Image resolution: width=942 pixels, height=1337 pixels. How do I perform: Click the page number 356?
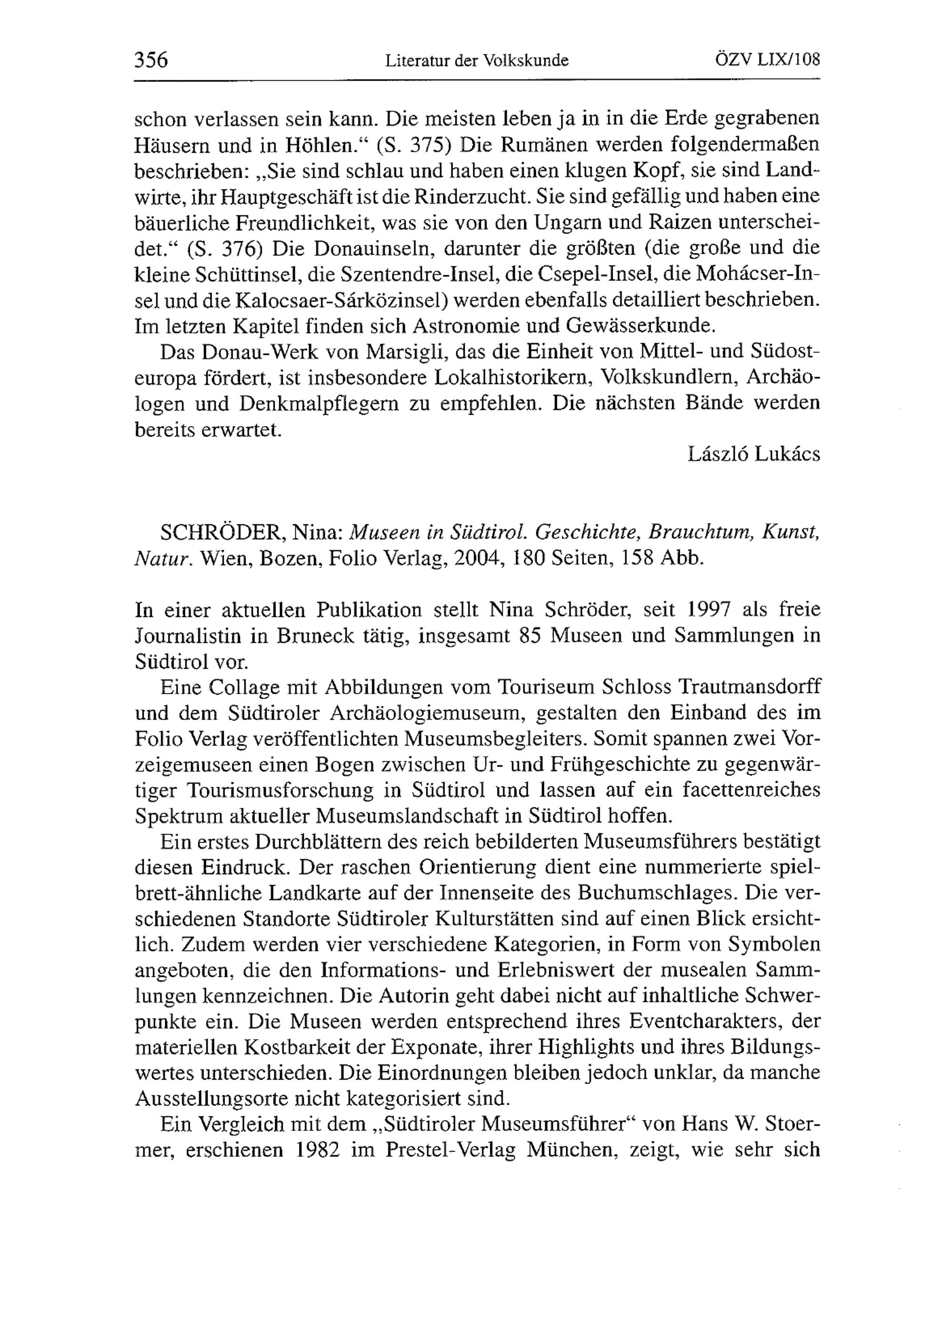pos(151,59)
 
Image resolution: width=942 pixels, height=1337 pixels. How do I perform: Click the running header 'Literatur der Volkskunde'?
pos(477,61)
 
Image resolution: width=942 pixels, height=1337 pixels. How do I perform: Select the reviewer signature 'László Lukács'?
pos(754,454)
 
